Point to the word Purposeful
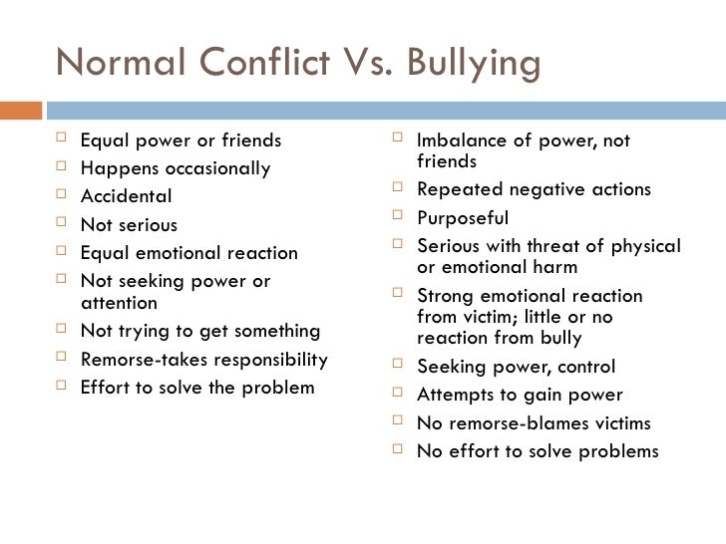click(462, 217)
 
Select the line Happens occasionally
click(175, 168)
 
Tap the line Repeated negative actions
click(533, 189)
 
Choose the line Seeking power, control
click(516, 366)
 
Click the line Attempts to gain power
click(519, 395)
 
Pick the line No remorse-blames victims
click(534, 422)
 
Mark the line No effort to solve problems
click(537, 450)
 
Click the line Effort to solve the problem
click(196, 387)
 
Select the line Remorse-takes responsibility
click(203, 359)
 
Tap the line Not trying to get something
click(199, 331)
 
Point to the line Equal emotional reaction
click(188, 253)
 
